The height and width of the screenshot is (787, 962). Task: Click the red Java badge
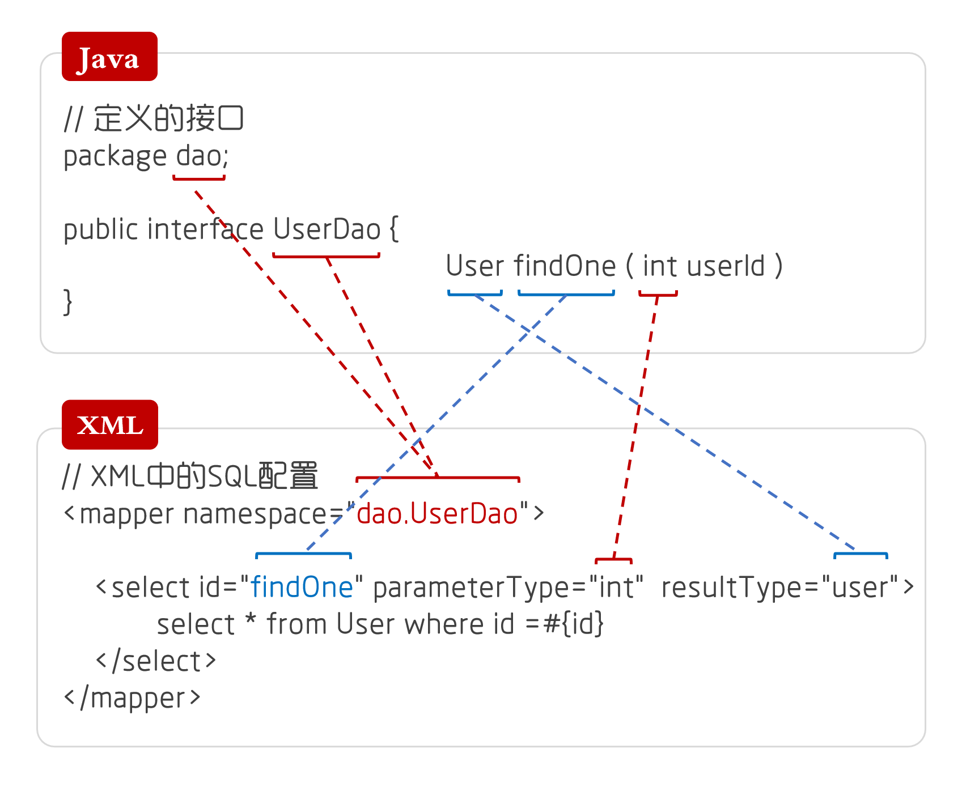pyautogui.click(x=109, y=57)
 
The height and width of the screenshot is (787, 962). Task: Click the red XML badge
pyautogui.click(x=110, y=425)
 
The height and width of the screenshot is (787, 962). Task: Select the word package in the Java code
pyautogui.click(x=115, y=156)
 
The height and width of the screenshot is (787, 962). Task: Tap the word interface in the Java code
pyautogui.click(x=205, y=229)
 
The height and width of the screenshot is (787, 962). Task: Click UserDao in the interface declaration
pyautogui.click(x=327, y=229)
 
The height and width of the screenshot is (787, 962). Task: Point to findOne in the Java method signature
pyautogui.click(x=565, y=266)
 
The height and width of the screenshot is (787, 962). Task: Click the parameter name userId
pyautogui.click(x=726, y=266)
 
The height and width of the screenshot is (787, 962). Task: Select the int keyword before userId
pyautogui.click(x=659, y=266)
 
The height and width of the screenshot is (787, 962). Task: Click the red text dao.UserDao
pyautogui.click(x=437, y=513)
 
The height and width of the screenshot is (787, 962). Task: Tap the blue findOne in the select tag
pyautogui.click(x=302, y=587)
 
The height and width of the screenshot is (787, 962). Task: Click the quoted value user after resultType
pyautogui.click(x=861, y=587)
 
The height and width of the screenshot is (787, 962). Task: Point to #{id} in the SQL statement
pyautogui.click(x=573, y=624)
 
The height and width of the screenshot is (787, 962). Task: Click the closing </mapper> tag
pyautogui.click(x=132, y=697)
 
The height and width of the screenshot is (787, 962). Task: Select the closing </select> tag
pyautogui.click(x=156, y=661)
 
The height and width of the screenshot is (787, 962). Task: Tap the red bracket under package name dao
pyautogui.click(x=199, y=178)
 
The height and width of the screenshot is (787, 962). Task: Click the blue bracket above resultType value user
pyautogui.click(x=861, y=555)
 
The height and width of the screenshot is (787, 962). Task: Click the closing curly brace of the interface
pyautogui.click(x=68, y=301)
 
